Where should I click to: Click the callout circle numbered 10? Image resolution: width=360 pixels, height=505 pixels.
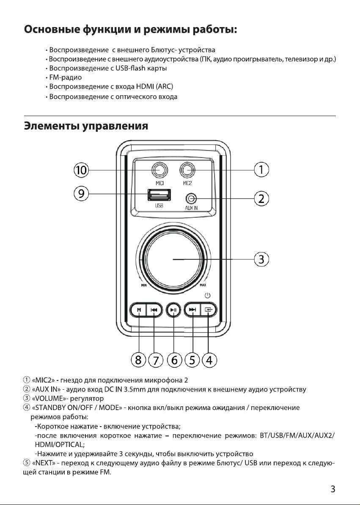[x=81, y=169]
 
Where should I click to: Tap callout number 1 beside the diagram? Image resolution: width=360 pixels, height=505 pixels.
[x=261, y=169]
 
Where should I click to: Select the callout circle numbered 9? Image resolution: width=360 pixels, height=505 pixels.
[x=81, y=194]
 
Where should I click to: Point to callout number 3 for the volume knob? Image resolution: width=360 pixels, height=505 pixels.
[x=261, y=259]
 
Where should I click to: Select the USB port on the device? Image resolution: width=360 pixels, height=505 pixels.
[x=159, y=195]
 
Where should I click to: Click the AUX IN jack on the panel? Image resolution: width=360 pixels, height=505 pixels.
[x=191, y=199]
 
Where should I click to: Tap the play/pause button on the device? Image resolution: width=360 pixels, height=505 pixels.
[x=174, y=310]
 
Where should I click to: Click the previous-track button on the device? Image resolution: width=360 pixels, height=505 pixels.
[x=154, y=310]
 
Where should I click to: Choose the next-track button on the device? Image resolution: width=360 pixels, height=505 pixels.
[x=192, y=310]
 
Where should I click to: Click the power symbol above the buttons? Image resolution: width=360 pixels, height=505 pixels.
[x=208, y=295]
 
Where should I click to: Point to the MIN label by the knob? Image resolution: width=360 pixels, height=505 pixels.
[x=144, y=286]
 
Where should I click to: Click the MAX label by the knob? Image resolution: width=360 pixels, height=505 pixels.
[x=203, y=286]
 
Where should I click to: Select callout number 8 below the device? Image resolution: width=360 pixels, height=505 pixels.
[x=138, y=360]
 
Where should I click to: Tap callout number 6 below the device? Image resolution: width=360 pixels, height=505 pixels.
[x=174, y=360]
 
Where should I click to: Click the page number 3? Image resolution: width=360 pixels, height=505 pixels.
[x=333, y=489]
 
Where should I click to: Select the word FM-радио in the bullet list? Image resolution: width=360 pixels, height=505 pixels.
[x=66, y=78]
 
